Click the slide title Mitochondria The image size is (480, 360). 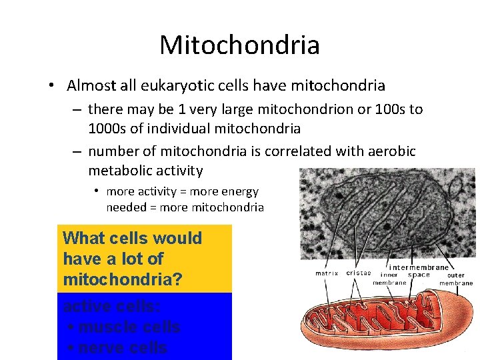(239, 45)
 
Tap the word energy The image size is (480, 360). (241, 191)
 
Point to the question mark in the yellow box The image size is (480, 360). (177, 279)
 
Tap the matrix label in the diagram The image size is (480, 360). (327, 273)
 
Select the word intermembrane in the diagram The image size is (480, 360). (419, 267)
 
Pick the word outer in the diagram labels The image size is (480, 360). (456, 275)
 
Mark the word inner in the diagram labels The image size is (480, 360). (389, 275)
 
